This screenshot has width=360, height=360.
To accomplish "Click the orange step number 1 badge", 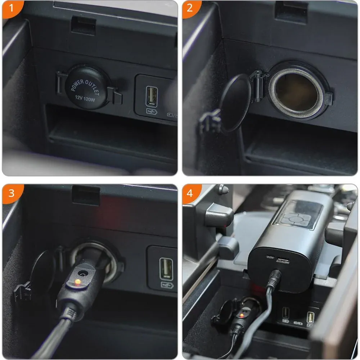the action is point(12,8).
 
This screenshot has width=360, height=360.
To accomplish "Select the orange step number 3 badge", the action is point(12,193).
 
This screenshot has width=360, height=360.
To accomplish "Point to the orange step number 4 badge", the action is point(190,193).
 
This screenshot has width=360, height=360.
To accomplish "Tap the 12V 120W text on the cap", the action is point(85,99).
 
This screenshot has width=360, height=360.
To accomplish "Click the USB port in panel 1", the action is point(152,96).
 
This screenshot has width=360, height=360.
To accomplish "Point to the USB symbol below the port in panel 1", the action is point(152,112).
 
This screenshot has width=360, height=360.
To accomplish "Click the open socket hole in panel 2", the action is point(296,92).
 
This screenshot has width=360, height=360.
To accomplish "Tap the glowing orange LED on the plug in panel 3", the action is point(78,282).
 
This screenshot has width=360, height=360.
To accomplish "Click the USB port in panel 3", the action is point(166,269).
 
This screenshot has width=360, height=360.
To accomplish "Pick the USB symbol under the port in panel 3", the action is point(167,285).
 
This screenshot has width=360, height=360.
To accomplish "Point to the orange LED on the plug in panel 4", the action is point(241,316).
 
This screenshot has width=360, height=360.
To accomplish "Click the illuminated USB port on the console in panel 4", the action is point(310,318).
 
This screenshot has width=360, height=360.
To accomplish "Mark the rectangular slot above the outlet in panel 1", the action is point(84,25).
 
